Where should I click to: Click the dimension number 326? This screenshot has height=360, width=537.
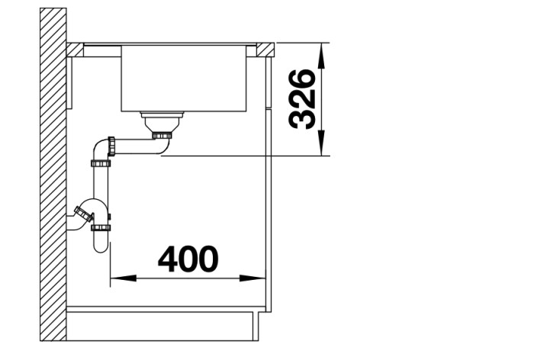pos(303,98)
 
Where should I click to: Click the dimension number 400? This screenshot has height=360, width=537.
pos(188,259)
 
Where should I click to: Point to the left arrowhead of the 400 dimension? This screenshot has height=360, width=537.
pos(118,278)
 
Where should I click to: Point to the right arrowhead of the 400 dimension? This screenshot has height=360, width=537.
pos(259,278)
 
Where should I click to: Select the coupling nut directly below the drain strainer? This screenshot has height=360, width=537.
pos(162,136)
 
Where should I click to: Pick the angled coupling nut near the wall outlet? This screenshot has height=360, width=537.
pos(82,214)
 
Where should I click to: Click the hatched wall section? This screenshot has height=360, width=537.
pos(53,175)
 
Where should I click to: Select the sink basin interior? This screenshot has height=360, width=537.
pos(183,76)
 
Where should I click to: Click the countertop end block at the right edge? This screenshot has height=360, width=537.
pos(265,50)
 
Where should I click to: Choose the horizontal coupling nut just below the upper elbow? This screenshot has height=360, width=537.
pos(101,162)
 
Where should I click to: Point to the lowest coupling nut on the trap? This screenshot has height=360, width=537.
pos(101,227)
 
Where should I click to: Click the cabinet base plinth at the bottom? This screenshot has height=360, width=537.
pos(160,324)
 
